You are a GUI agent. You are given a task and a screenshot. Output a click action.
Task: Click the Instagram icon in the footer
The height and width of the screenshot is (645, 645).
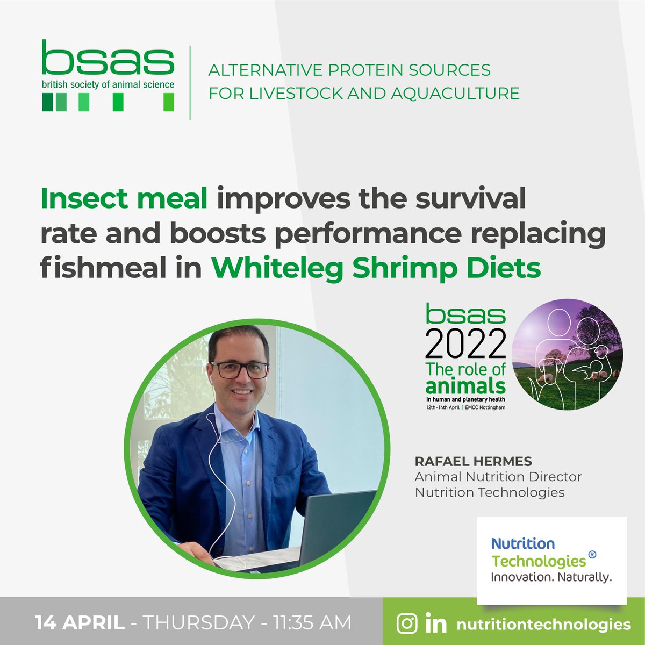407,623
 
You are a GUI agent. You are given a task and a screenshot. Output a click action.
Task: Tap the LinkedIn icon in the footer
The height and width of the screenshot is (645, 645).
436,624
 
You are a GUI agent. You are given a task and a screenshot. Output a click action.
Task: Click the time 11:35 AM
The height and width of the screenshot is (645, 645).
312,623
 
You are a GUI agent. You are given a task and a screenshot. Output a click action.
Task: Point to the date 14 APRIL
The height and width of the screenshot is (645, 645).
80,623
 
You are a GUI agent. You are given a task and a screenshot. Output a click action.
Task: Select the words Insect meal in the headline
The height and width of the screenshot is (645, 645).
124,199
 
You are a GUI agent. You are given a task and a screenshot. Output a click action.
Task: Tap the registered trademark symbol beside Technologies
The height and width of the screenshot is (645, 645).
592,554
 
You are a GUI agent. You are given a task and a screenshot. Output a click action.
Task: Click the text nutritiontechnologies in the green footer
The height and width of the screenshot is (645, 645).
543,625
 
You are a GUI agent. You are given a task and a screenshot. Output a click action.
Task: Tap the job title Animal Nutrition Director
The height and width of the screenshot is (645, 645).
498,477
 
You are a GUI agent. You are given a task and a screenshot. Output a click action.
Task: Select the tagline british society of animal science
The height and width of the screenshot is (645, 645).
108,84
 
